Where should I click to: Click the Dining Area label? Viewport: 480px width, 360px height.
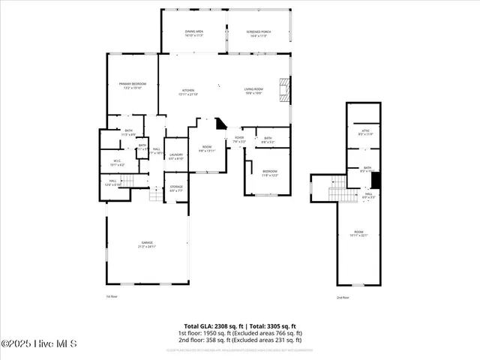click(x=194, y=33)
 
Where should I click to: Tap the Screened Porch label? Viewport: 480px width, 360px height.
click(x=258, y=33)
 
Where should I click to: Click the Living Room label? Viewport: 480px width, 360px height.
click(x=253, y=91)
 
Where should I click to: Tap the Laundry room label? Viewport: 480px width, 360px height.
click(x=175, y=156)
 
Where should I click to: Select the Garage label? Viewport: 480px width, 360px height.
click(x=147, y=244)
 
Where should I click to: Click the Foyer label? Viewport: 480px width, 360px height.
click(x=239, y=139)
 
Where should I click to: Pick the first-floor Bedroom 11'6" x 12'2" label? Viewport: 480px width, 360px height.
click(x=269, y=173)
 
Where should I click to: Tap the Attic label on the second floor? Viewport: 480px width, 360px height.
click(x=365, y=133)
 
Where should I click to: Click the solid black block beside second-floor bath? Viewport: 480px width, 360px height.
click(x=376, y=181)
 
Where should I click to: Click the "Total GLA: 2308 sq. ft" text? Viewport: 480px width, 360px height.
click(x=213, y=326)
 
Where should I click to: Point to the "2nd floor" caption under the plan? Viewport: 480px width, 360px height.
click(x=343, y=298)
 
